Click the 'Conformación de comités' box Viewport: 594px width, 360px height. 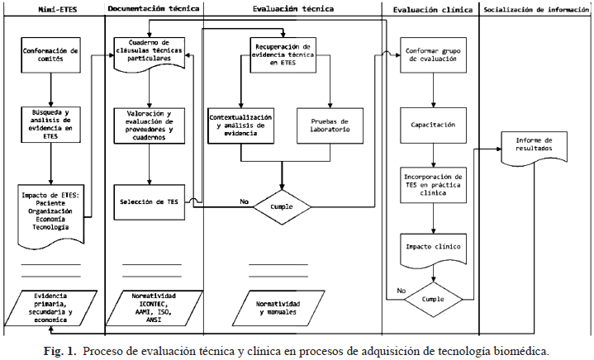(x=50, y=54)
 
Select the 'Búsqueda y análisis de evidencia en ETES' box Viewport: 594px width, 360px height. (x=50, y=125)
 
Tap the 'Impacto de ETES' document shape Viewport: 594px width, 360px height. (x=50, y=213)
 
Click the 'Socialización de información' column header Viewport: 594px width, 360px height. (x=536, y=10)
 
